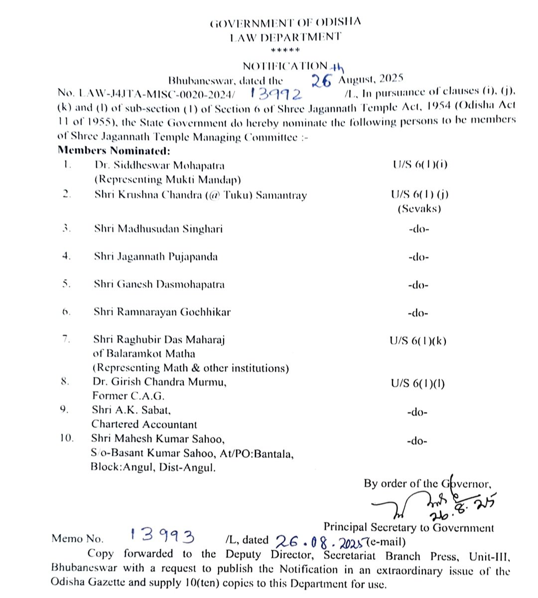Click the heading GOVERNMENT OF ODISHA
coord(285,23)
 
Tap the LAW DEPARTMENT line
coord(285,37)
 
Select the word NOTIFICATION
coord(284,66)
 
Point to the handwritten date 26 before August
coord(321,80)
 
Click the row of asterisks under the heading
coord(285,50)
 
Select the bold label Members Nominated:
coord(114,150)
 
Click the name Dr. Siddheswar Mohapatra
coord(159,165)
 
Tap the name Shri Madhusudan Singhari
coord(158,229)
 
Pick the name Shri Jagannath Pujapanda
coord(156,257)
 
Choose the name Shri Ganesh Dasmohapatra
coord(159,285)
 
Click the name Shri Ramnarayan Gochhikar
coord(162,312)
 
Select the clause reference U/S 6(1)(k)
coord(418,341)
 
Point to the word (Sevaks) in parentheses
coord(419,209)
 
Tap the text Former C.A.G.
coord(128,396)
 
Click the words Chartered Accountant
coord(144,424)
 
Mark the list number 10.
coord(67,439)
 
